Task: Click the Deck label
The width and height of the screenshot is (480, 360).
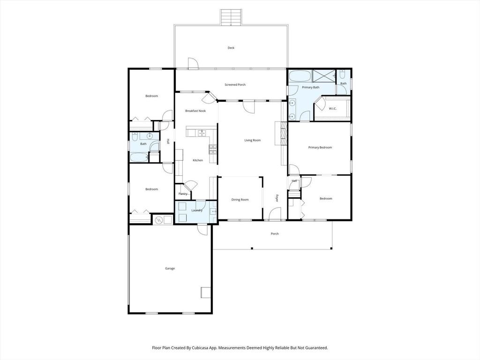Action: pos(231,48)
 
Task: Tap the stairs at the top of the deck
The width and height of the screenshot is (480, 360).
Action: pos(231,18)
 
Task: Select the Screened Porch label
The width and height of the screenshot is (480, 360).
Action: pos(235,85)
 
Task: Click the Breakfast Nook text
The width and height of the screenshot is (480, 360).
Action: pos(195,111)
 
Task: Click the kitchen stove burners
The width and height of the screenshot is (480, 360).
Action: pos(213,149)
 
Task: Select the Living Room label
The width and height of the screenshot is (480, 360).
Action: pos(252,140)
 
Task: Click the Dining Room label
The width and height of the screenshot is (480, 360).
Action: pos(240,200)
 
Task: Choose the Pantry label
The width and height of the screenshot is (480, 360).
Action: pos(183,194)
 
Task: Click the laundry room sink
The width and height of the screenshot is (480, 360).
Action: pos(213,211)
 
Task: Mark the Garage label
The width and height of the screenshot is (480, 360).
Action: pos(170,269)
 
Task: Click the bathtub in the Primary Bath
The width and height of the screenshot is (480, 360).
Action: pos(299,76)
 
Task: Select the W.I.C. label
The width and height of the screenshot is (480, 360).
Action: pos(333,109)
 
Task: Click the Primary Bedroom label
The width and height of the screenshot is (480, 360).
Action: pos(320,148)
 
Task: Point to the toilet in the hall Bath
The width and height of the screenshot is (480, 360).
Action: pos(135,136)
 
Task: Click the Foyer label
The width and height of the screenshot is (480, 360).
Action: pos(277,198)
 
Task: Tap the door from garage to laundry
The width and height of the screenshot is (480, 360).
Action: pos(202,229)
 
